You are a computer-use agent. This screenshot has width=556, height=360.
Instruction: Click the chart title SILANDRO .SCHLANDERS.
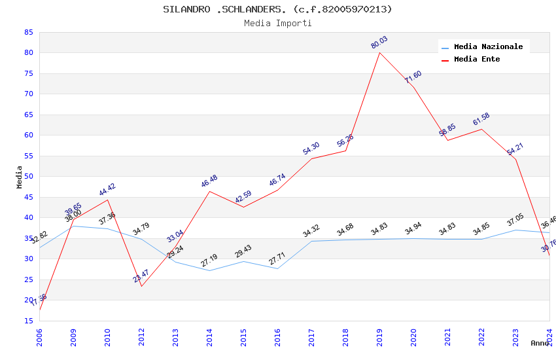click(x=277, y=9)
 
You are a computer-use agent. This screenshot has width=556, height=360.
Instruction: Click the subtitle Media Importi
click(x=277, y=23)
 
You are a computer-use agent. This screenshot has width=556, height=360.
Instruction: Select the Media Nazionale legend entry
click(x=488, y=47)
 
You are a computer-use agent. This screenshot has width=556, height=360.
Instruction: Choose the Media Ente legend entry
click(x=477, y=60)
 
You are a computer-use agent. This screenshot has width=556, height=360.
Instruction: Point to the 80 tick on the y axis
click(x=27, y=53)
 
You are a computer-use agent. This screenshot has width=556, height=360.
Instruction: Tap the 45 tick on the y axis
click(x=27, y=197)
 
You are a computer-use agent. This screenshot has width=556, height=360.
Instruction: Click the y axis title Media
click(x=20, y=177)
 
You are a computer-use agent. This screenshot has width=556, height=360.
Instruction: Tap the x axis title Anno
click(x=540, y=343)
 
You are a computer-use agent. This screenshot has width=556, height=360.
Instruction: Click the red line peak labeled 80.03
click(x=379, y=52)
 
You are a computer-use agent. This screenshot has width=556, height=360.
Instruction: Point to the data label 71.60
click(x=413, y=77)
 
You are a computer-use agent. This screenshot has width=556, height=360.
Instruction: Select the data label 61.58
click(x=481, y=119)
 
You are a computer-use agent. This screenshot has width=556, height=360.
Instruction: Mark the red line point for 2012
click(x=141, y=286)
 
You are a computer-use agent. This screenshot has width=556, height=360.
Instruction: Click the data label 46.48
click(x=209, y=181)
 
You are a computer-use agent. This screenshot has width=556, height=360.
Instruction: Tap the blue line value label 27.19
click(x=209, y=261)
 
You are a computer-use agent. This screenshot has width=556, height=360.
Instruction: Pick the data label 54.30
click(x=311, y=149)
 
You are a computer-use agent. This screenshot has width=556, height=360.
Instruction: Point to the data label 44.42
click(x=107, y=190)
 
